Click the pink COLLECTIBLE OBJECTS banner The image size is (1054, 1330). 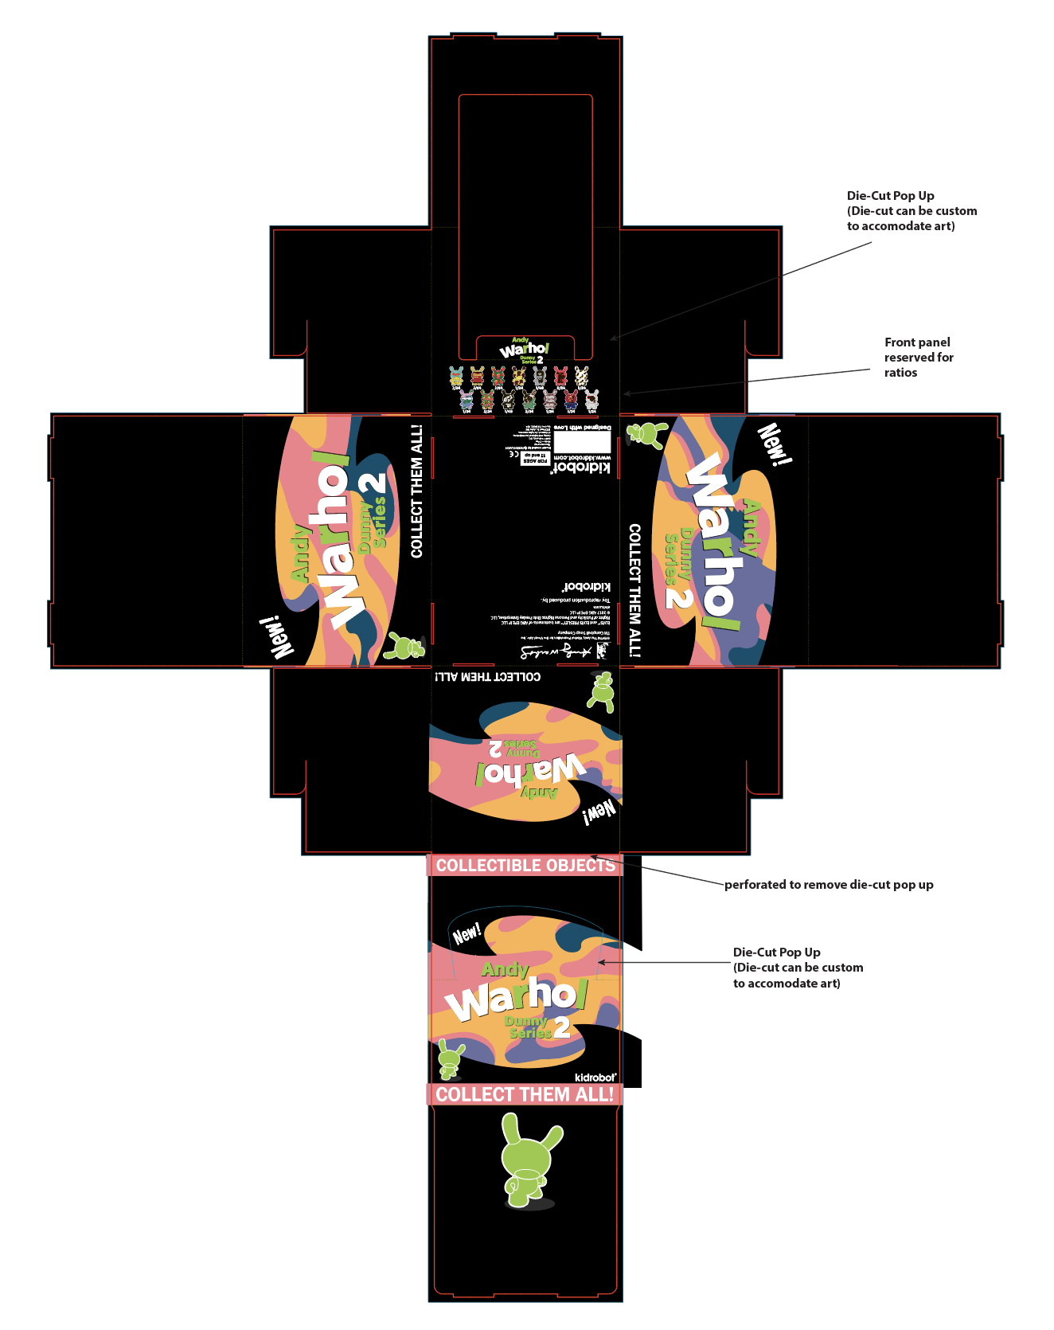tap(525, 865)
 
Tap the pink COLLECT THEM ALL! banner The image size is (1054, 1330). tap(525, 1094)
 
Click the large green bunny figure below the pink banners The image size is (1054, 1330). tap(528, 1160)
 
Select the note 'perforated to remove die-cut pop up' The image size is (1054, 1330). tap(829, 885)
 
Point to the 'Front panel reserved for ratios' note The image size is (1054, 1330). tap(918, 357)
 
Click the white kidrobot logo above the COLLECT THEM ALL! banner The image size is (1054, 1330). tap(595, 1078)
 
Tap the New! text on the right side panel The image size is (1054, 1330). tap(774, 444)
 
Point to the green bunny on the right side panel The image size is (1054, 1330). tap(647, 434)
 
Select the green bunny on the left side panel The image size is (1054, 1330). tap(404, 646)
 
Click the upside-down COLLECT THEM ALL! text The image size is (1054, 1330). tap(487, 677)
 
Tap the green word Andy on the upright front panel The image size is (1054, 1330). tap(505, 969)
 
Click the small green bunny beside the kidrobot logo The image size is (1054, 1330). tap(451, 1058)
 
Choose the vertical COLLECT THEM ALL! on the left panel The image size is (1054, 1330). tap(416, 491)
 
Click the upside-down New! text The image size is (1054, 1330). tap(599, 812)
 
